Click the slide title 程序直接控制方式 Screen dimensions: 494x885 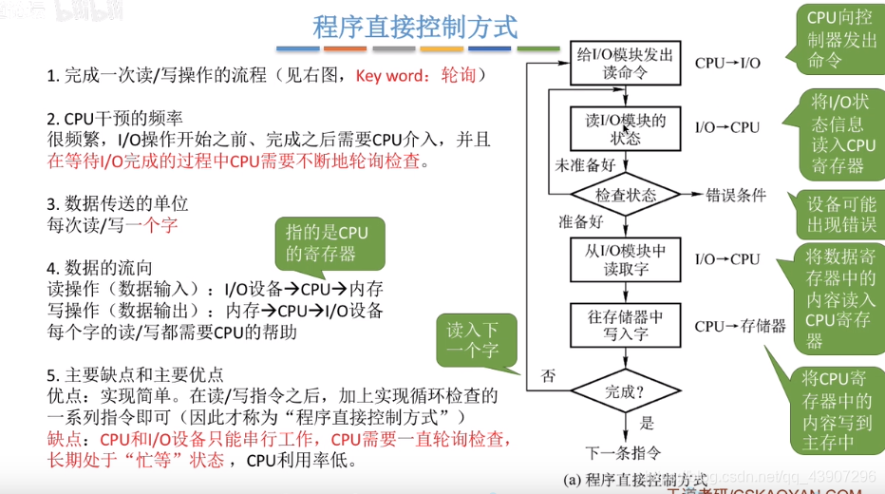[415, 28]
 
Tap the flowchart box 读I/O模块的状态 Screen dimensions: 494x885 [626, 129]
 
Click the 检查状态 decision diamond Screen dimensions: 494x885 [626, 196]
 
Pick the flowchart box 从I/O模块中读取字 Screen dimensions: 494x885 [626, 259]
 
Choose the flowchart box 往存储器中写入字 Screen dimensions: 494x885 [626, 325]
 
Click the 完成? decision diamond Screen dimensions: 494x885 [626, 389]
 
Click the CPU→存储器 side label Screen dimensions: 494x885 [740, 326]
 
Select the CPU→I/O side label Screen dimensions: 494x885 [727, 63]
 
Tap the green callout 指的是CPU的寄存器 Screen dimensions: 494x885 [327, 243]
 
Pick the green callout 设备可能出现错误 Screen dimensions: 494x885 [841, 215]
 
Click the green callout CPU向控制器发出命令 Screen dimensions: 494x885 [840, 38]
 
